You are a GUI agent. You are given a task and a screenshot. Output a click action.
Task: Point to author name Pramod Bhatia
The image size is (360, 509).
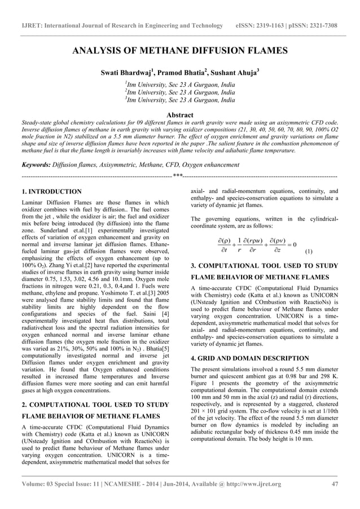tap(180, 73)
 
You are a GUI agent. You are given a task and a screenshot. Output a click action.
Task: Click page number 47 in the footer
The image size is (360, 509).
tap(334, 499)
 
